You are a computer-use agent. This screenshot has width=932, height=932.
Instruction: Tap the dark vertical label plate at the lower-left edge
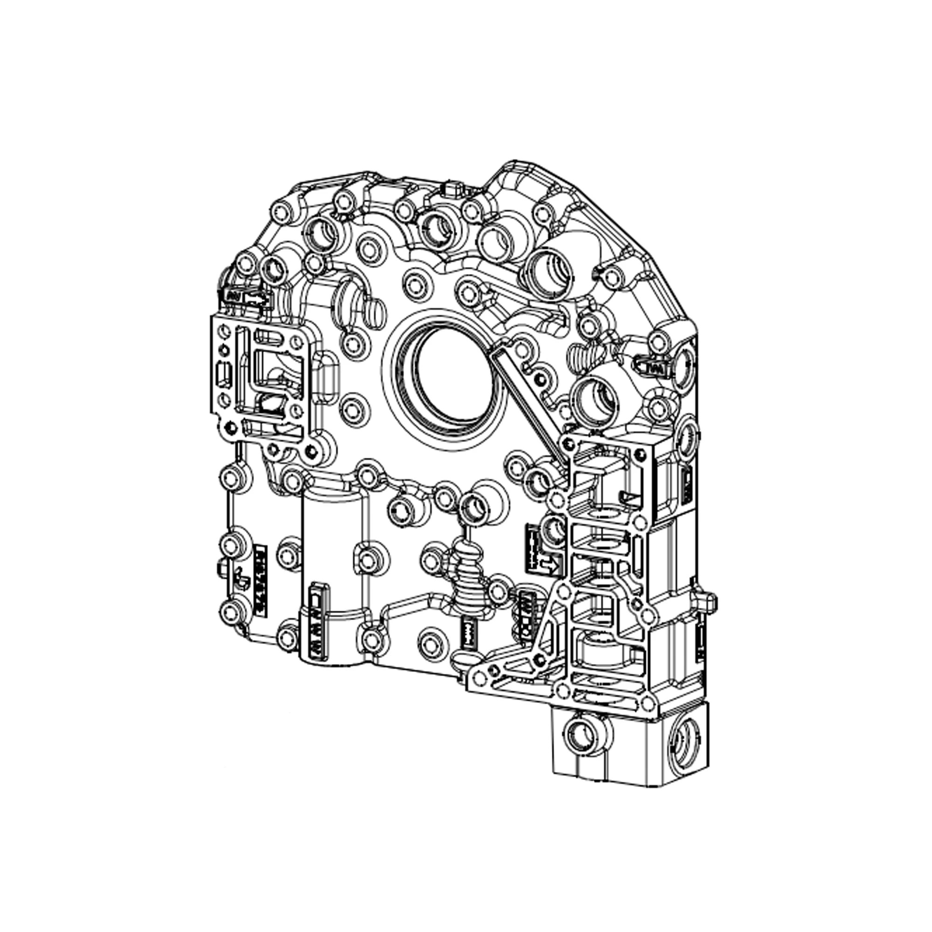(261, 581)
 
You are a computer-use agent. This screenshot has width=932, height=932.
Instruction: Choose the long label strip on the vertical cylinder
(316, 622)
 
